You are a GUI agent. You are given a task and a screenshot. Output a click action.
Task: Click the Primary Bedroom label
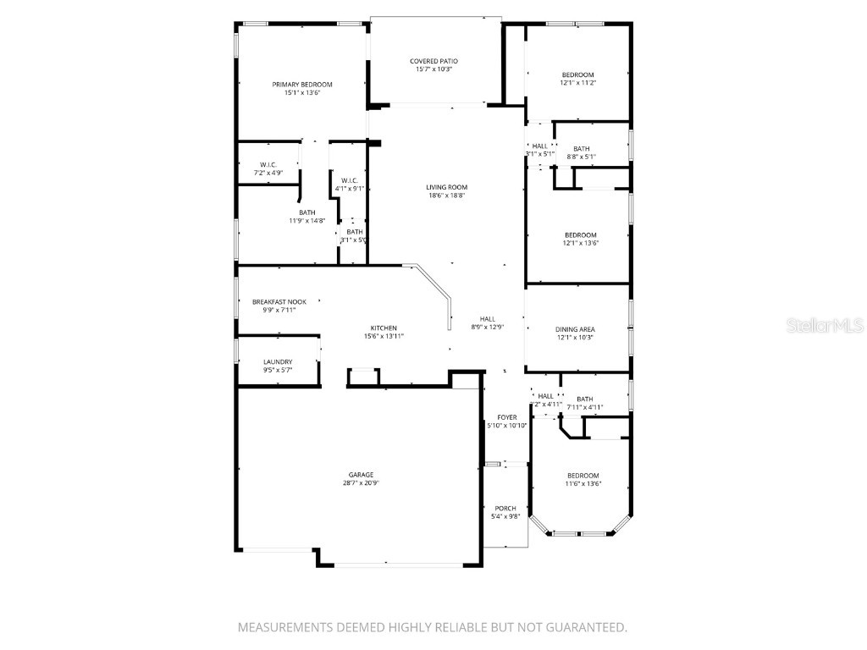click(301, 85)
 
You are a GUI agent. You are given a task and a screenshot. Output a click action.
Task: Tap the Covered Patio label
click(433, 61)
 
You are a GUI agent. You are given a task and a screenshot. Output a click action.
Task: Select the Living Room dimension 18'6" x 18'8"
click(447, 196)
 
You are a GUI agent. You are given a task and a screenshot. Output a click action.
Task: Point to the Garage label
click(361, 475)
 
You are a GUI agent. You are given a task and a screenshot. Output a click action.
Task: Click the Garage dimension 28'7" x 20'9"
click(361, 483)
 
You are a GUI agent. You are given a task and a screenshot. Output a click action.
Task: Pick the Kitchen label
click(384, 328)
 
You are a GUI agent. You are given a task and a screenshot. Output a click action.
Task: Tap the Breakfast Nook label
click(279, 301)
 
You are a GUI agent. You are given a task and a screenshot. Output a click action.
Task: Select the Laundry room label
click(278, 361)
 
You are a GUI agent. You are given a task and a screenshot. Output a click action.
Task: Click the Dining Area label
click(575, 329)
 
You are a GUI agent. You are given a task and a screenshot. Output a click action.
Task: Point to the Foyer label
click(506, 417)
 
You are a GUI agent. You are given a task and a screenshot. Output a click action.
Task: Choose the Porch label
click(505, 508)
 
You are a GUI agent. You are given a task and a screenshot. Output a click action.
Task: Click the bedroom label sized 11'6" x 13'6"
click(583, 476)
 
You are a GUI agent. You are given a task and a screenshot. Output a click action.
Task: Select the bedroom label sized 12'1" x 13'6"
click(581, 234)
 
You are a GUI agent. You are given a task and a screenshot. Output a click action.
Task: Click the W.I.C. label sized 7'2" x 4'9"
click(268, 164)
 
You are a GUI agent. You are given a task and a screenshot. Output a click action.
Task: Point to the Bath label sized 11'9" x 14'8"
click(306, 212)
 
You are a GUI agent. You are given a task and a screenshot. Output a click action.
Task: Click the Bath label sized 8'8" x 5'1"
click(581, 148)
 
